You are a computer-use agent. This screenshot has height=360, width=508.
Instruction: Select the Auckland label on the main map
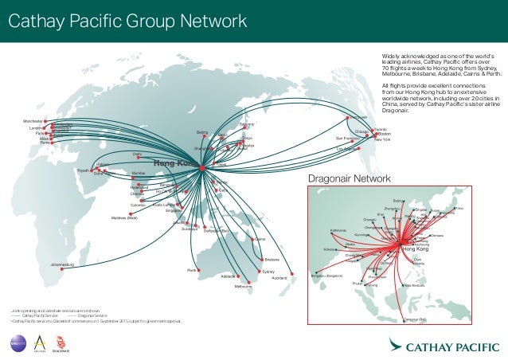279,278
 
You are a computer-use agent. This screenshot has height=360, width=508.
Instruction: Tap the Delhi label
137,154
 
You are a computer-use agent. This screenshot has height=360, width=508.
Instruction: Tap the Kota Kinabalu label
416,285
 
